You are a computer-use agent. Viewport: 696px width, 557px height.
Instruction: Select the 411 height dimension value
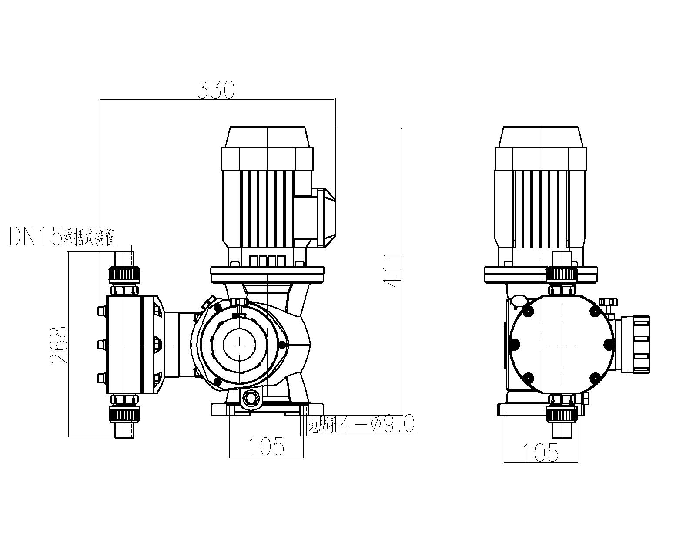coord(392,270)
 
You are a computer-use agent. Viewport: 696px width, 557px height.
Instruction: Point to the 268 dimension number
coord(59,346)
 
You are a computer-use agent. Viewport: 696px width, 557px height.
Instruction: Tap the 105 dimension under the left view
coord(266,446)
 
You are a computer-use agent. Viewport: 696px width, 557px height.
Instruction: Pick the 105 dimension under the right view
coord(540,453)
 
